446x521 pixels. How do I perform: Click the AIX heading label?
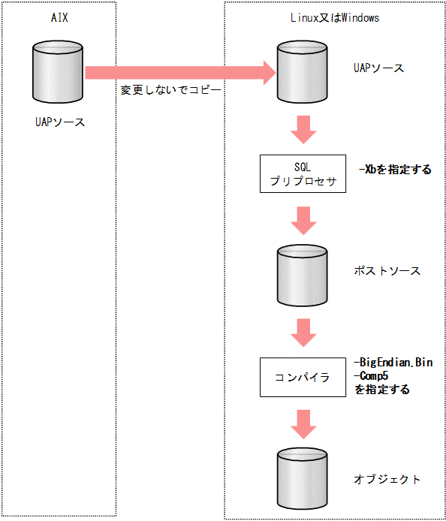tap(59, 18)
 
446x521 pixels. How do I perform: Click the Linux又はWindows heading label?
tap(334, 18)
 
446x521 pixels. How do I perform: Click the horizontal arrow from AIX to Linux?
tap(180, 72)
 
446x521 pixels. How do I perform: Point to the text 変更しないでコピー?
tap(171, 89)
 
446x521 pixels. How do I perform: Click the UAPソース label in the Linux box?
tap(378, 68)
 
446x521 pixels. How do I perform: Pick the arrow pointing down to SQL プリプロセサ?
tap(303, 129)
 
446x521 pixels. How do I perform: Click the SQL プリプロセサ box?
tap(303, 173)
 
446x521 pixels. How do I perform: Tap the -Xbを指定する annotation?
tap(395, 170)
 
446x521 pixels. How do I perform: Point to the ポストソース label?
tap(387, 270)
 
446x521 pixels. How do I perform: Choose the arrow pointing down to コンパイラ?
tap(303, 330)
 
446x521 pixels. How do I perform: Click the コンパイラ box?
tap(303, 377)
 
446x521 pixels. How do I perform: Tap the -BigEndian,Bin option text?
tap(393, 363)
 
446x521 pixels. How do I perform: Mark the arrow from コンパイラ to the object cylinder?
tap(303, 423)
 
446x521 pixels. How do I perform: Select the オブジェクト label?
tap(387, 479)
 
